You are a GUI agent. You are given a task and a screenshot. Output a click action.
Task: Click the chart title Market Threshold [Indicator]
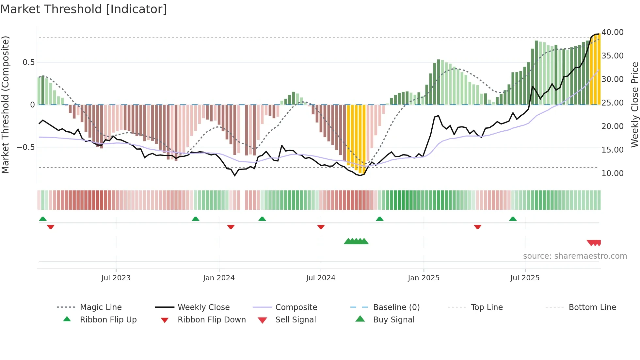pyautogui.click(x=84, y=9)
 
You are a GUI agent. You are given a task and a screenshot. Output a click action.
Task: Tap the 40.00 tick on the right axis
pyautogui.click(x=612, y=32)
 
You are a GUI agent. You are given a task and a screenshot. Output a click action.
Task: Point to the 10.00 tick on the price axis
pyautogui.click(x=612, y=173)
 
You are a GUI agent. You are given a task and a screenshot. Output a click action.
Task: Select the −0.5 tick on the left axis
pyautogui.click(x=25, y=147)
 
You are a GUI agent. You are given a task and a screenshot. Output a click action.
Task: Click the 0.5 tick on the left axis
pyautogui.click(x=28, y=62)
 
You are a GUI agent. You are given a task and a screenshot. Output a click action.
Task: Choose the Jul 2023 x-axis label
pyautogui.click(x=116, y=278)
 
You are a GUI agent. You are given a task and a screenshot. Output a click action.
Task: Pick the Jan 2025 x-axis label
pyautogui.click(x=424, y=278)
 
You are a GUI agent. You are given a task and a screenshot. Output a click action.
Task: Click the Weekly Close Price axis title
pyautogui.click(x=634, y=105)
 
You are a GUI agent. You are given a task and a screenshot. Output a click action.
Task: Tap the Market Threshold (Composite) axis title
pyautogui.click(x=5, y=105)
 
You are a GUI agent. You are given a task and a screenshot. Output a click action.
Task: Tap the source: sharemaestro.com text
pyautogui.click(x=575, y=256)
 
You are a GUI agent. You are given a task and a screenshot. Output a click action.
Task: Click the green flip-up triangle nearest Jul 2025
pyautogui.click(x=513, y=219)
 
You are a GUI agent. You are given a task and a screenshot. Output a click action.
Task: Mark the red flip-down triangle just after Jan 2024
pyautogui.click(x=231, y=227)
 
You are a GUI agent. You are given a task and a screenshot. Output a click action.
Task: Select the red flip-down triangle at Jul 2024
pyautogui.click(x=321, y=227)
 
